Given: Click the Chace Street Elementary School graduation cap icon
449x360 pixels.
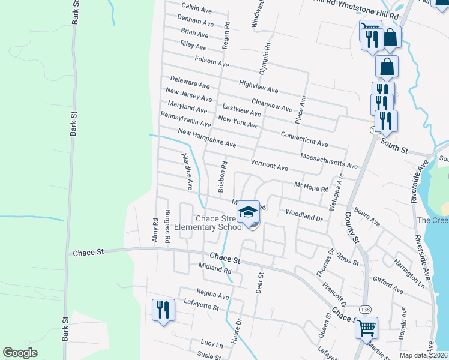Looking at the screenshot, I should click(x=248, y=212).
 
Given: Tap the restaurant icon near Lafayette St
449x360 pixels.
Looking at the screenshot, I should click(x=163, y=310).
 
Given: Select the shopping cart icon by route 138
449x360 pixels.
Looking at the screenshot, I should click(x=366, y=328).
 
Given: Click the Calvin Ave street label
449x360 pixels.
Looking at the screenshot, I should click(x=197, y=8).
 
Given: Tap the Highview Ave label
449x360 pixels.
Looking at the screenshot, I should click(x=258, y=87).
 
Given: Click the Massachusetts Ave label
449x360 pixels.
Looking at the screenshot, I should click(x=328, y=161).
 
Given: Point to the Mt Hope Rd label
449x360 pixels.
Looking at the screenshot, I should click(x=311, y=187).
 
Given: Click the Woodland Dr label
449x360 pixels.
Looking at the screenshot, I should click(x=304, y=215).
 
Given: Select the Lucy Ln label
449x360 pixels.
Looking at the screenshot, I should click(x=211, y=343).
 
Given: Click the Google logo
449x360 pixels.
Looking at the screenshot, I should click(x=20, y=353).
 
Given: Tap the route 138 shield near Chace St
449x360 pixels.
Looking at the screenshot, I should click(x=364, y=308).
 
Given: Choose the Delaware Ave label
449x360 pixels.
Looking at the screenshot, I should click(x=190, y=82).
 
